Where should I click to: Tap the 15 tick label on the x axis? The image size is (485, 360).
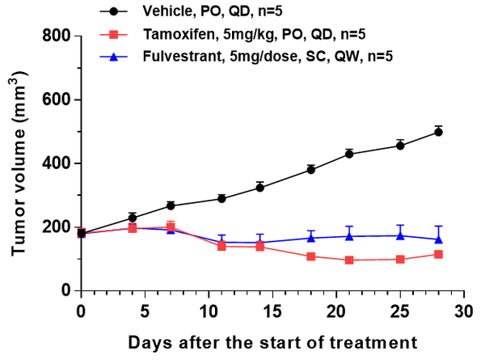click(272, 311)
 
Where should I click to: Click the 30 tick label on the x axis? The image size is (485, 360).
click(463, 311)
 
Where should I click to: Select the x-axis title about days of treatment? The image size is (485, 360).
click(272, 341)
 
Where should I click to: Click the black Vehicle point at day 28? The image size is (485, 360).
click(438, 132)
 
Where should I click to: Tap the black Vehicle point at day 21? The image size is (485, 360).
click(349, 154)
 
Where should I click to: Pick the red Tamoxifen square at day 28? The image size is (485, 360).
click(438, 254)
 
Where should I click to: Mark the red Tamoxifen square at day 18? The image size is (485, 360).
click(311, 256)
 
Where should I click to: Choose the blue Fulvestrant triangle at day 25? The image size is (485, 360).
click(400, 235)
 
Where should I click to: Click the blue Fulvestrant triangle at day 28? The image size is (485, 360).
click(438, 239)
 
